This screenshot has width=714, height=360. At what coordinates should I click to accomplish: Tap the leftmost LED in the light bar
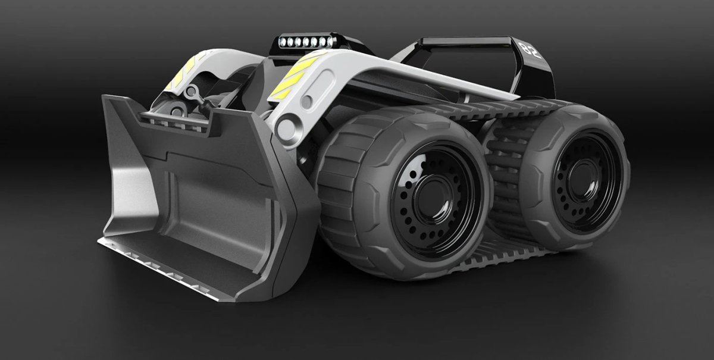tap(283, 42)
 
